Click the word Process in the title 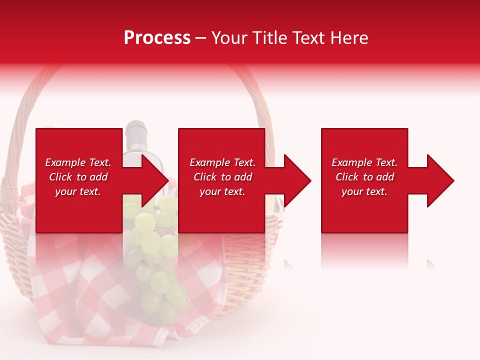pos(157,38)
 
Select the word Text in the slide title pos(309,38)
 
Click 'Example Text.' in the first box pos(78,162)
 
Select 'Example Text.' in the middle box pos(222,162)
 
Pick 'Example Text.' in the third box pos(364,162)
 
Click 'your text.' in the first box pos(78,191)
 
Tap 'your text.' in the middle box pos(222,191)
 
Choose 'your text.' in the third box pos(364,191)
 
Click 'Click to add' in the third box pos(364,177)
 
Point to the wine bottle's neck pos(136,134)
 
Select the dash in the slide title pos(201,38)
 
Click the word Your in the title pos(230,38)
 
